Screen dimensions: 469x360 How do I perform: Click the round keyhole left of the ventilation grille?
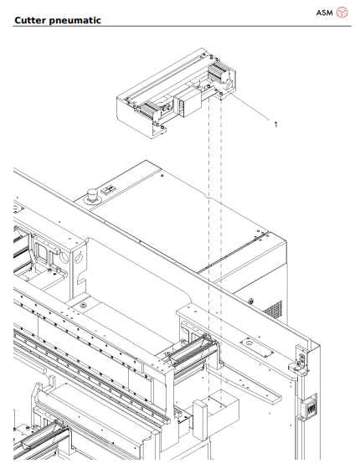click(x=248, y=299)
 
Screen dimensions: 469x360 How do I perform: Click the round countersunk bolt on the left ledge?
click(x=82, y=307)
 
